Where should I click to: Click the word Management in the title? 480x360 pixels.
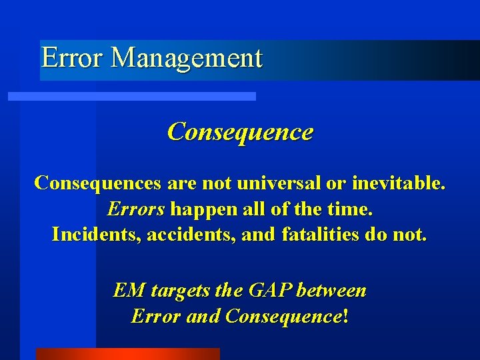coord(186,59)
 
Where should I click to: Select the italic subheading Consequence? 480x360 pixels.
coord(240,131)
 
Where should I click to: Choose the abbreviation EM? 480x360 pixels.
coord(129,290)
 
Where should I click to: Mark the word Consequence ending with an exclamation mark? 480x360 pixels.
coord(285,315)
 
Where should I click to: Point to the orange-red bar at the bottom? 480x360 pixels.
coord(127,354)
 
